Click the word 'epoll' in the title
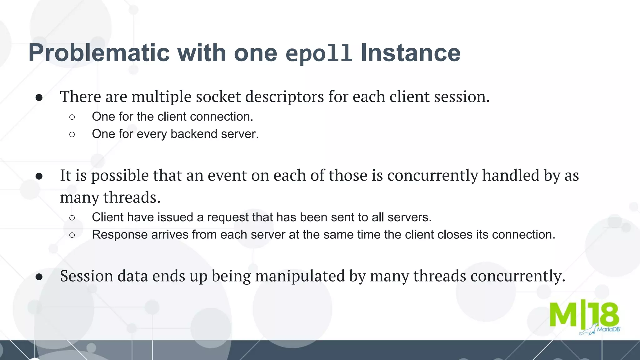[x=319, y=53]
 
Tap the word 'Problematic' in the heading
[x=99, y=53]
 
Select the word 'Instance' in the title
[x=410, y=53]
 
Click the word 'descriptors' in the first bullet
[x=284, y=97]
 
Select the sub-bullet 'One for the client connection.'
[x=172, y=117]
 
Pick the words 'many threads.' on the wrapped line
[x=110, y=197]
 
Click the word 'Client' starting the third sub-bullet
[x=107, y=217]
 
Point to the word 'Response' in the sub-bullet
[x=120, y=234]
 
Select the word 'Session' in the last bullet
[x=87, y=276]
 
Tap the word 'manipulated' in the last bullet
[x=300, y=276]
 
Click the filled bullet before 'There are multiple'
[x=39, y=97]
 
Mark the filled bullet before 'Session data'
[x=39, y=277]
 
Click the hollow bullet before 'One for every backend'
[x=72, y=134]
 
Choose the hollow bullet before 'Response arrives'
[x=72, y=235]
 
